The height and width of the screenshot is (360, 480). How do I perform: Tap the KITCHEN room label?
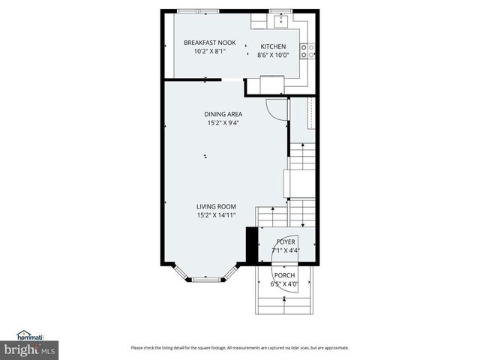[273, 46]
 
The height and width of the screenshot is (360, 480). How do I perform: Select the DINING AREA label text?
[224, 114]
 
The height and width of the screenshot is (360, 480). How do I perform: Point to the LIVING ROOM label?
[217, 206]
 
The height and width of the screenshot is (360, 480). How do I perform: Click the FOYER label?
[286, 242]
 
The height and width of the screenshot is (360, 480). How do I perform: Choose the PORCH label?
[284, 275]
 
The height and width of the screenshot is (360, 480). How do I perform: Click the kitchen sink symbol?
[282, 21]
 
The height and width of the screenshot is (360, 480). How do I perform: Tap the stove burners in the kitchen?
[307, 50]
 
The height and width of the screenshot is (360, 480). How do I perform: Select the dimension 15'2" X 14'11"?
[217, 215]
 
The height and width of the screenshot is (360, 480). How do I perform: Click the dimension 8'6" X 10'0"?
[273, 55]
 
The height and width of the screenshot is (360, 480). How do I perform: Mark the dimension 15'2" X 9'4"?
[224, 123]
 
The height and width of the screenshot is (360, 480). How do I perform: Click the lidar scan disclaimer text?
[240, 347]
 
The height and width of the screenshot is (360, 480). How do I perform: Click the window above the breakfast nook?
[198, 11]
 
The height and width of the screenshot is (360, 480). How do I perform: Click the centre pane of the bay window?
[206, 280]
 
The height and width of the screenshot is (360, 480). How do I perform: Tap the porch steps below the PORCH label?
[284, 304]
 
